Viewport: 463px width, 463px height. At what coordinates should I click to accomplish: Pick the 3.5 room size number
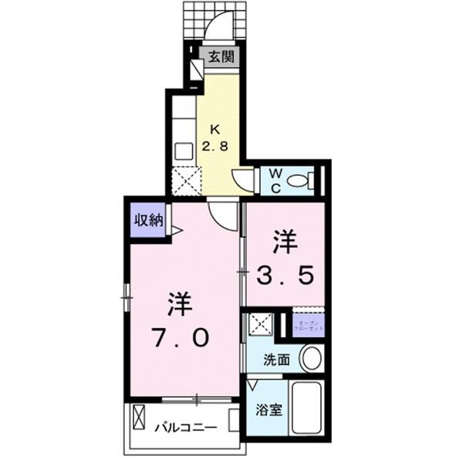pos(286,275)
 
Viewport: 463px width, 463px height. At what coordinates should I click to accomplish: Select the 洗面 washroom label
pos(275,359)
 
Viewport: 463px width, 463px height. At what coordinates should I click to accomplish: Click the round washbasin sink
pos(312,358)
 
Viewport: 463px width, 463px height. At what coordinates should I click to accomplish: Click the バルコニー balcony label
pos(188,427)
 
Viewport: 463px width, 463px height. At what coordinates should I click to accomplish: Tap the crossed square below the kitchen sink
pos(184,182)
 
